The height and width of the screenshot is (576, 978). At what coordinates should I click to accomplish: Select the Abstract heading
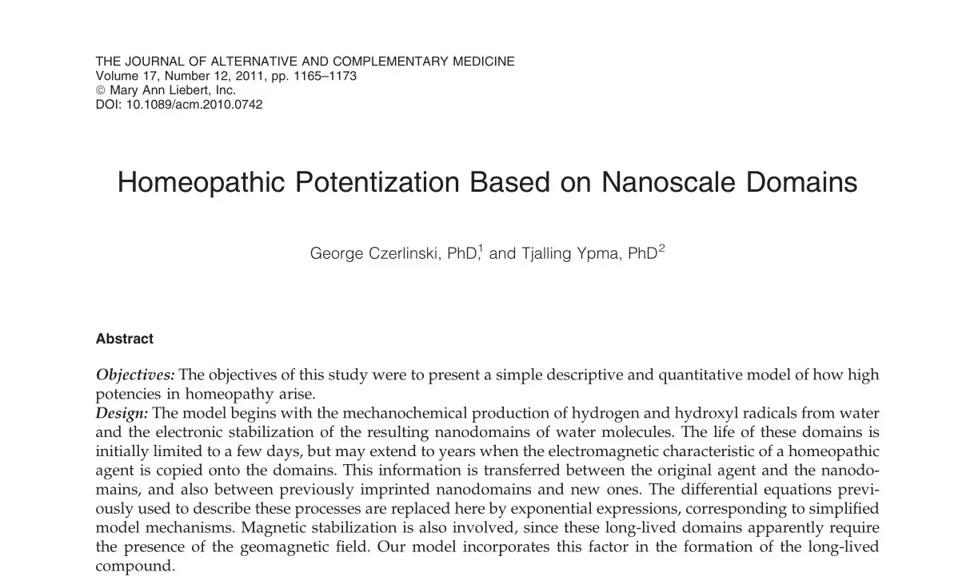point(124,339)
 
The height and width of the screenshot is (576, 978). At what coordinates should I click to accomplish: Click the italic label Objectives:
point(135,375)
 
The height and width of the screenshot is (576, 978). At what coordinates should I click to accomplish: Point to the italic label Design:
point(122,413)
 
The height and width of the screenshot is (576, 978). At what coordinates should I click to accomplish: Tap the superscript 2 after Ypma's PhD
point(661,248)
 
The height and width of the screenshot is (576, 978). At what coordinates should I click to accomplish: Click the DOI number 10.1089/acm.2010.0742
point(194,104)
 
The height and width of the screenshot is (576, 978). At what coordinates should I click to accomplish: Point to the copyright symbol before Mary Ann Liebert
point(100,90)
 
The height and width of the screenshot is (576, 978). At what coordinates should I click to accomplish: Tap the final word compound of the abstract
point(134,566)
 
